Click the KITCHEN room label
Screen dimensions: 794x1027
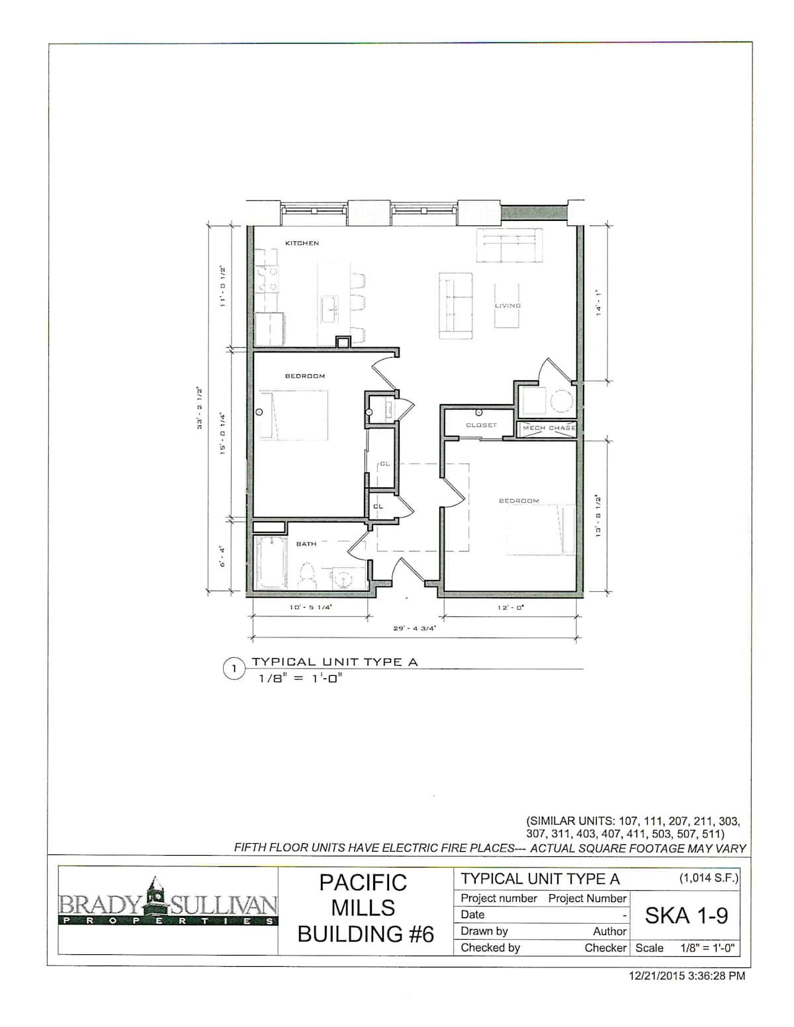302,243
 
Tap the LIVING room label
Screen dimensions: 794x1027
507,306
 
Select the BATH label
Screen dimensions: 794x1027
306,544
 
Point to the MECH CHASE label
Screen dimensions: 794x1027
549,428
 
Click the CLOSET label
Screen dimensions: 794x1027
482,425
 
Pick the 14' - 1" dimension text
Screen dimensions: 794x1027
599,303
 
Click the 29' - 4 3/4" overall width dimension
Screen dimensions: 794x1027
415,628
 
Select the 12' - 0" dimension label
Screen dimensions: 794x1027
511,607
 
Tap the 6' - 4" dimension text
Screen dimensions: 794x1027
222,556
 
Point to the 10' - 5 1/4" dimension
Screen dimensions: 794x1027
311,607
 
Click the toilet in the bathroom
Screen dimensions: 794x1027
308,575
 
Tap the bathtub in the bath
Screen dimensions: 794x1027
271,562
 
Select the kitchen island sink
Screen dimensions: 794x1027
330,309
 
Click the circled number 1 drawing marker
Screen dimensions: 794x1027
234,669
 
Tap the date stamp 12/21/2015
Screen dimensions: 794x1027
656,975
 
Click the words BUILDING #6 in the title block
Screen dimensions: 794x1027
365,934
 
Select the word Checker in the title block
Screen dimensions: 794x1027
605,948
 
